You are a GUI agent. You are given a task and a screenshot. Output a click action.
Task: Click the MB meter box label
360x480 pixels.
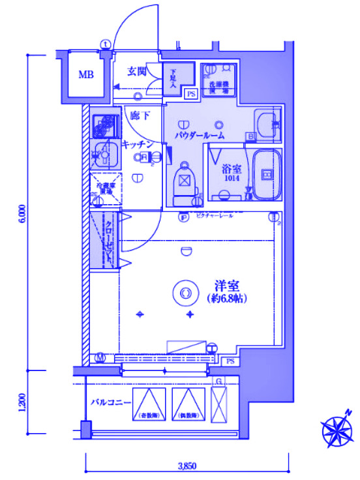[86, 74]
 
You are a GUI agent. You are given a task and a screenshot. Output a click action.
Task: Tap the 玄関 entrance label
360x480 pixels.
[136, 71]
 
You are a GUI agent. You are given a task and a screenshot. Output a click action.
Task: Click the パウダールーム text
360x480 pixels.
[200, 136]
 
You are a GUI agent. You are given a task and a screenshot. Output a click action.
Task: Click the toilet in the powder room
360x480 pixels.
[185, 179]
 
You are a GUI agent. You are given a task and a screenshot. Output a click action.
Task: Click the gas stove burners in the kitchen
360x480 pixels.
[102, 125]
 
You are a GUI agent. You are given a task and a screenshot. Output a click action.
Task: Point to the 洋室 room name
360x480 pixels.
[228, 285]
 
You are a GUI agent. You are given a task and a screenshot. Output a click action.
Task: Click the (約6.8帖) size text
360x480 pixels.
[228, 299]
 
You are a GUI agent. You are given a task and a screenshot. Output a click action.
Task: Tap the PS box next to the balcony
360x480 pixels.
[230, 361]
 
